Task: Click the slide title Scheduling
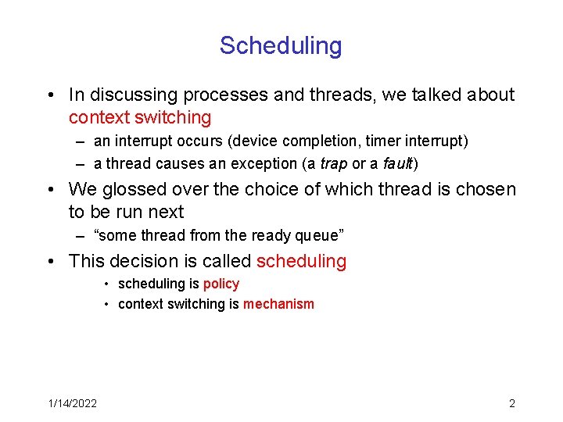point(281,45)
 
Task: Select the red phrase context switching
point(140,118)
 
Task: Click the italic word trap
point(328,164)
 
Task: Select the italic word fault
point(396,164)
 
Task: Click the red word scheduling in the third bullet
point(301,261)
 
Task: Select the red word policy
point(221,284)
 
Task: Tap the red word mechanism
point(278,304)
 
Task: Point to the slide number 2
point(511,403)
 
